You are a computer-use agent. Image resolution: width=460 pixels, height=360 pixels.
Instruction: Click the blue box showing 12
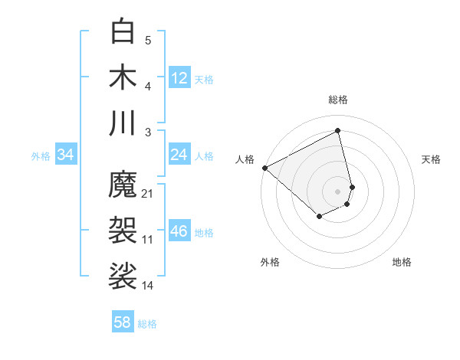[x=179, y=77]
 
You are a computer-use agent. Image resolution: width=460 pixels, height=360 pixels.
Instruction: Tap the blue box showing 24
[x=179, y=155]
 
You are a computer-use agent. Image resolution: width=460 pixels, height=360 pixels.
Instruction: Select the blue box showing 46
[x=179, y=231]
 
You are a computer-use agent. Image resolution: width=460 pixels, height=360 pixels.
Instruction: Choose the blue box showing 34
[x=65, y=155]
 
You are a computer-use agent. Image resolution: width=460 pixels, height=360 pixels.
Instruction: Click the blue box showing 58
[x=122, y=322]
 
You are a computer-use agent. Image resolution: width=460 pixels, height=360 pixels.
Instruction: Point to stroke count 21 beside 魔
[x=148, y=194]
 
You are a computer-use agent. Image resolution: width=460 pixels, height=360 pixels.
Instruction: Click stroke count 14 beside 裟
[x=148, y=285]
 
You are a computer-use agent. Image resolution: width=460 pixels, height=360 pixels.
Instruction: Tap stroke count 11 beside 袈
[x=148, y=240]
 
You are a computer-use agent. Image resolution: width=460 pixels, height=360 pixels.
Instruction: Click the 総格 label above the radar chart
[x=338, y=100]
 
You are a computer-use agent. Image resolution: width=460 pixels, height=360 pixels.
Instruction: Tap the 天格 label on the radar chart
[x=431, y=159]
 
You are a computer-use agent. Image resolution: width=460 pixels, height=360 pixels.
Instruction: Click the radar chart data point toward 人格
[x=264, y=168]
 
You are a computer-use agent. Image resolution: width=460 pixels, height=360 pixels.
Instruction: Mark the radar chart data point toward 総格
[x=338, y=131]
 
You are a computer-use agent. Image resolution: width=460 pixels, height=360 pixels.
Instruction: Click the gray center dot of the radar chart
[x=338, y=191]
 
